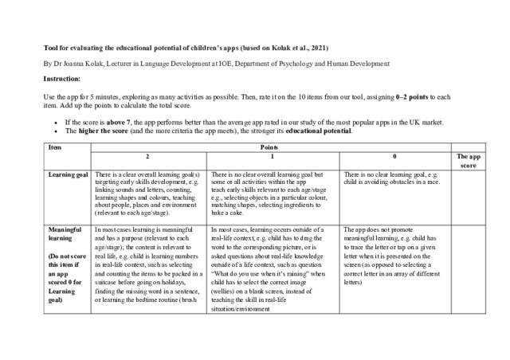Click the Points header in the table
click(x=271, y=148)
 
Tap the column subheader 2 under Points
click(x=147, y=158)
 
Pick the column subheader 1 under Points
click(x=271, y=158)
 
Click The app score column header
click(x=468, y=162)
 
